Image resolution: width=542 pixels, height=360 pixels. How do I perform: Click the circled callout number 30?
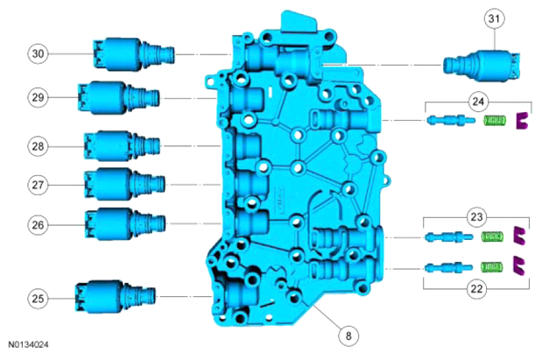pos(38,53)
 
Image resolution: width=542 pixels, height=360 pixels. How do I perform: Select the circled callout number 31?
pos(495,18)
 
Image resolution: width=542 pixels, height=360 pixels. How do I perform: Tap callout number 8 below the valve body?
pos(348,335)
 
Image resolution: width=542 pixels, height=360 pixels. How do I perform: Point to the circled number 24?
pos(478,102)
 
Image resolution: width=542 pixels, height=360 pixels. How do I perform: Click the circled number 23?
pos(476,217)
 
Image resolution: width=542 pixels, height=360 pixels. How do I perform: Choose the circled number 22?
pos(476,288)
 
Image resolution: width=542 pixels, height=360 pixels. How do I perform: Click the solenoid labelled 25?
pos(115,297)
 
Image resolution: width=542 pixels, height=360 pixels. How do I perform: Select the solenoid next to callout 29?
pos(118,98)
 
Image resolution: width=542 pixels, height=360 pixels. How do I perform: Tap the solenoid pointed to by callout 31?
pos(482,66)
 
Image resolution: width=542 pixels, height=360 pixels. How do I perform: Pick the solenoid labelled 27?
pos(125,184)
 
